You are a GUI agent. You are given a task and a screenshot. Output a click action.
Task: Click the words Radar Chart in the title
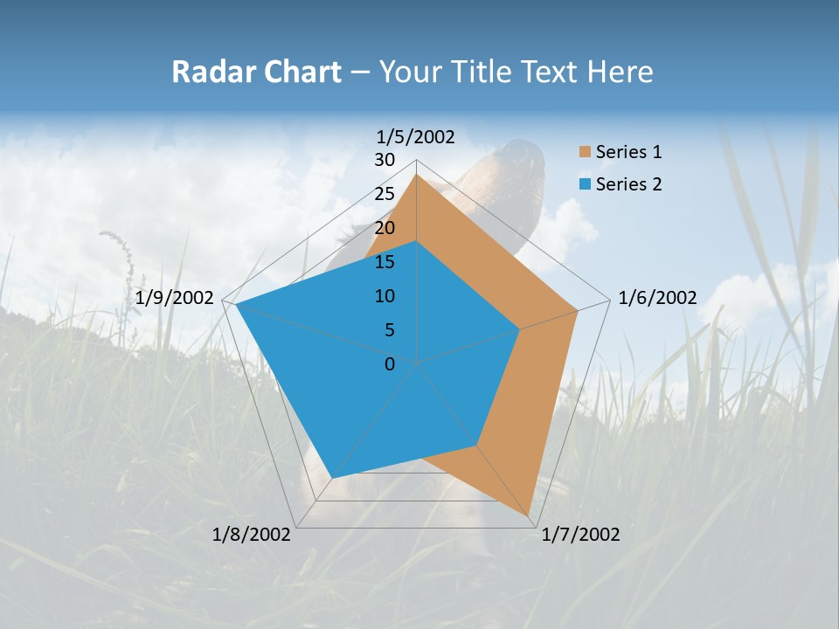[x=256, y=72]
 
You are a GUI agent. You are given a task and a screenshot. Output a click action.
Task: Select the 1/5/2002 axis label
[x=416, y=136]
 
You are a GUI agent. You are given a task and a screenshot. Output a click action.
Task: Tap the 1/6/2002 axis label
[x=657, y=298]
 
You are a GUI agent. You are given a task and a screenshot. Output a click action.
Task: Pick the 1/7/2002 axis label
[x=580, y=535]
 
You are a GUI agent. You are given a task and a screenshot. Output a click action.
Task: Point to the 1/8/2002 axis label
[x=252, y=535]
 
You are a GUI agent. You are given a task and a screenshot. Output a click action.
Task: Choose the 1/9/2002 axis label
[x=175, y=298]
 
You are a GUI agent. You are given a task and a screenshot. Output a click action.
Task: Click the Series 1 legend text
[x=628, y=152]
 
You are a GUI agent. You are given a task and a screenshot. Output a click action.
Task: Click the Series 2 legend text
[x=628, y=183]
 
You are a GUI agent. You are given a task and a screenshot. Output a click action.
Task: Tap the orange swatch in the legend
[x=585, y=152]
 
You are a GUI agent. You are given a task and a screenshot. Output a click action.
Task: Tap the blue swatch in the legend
[x=585, y=184]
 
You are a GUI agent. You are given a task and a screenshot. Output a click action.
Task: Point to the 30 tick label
[x=384, y=160]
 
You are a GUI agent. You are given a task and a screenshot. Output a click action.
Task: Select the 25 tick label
[x=384, y=194]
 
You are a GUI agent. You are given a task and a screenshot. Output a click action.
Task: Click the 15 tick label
[x=384, y=262]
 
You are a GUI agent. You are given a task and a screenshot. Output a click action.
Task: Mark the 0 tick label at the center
[x=390, y=364]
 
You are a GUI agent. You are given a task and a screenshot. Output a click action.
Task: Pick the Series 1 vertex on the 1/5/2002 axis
[x=416, y=175]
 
